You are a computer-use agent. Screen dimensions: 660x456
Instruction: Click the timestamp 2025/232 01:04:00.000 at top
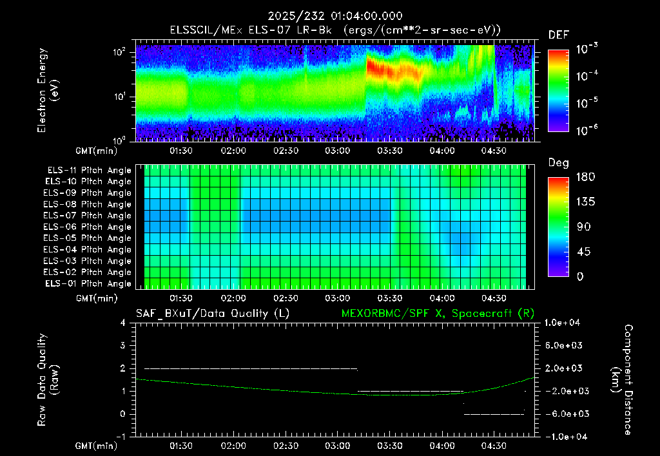tap(335, 16)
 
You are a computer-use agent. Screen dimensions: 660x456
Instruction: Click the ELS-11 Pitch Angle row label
tap(89, 171)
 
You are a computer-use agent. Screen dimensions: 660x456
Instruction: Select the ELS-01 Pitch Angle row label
tap(88, 283)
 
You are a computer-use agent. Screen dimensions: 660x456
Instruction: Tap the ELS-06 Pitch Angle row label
tap(87, 227)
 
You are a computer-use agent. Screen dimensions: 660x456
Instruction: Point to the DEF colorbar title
tap(559, 35)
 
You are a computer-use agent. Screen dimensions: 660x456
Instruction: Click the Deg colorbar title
tap(558, 163)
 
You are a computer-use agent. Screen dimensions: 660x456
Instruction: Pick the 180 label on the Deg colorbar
tap(585, 176)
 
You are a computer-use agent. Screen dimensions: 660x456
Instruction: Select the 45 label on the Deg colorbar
tap(583, 252)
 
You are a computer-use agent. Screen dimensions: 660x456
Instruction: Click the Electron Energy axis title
tap(48, 90)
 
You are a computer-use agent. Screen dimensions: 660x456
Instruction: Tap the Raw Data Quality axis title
tap(48, 380)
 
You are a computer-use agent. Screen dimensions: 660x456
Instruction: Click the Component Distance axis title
tap(622, 380)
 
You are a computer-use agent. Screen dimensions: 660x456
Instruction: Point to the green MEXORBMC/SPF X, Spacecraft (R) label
tap(438, 314)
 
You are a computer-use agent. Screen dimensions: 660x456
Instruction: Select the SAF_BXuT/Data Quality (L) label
tap(213, 314)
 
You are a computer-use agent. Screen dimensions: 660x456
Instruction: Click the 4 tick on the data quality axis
tap(123, 323)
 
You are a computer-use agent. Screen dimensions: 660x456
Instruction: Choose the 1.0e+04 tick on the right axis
tap(562, 323)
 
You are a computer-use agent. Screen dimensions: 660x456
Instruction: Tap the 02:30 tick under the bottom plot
tap(286, 446)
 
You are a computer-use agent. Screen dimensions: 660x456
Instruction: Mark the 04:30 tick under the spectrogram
tap(493, 151)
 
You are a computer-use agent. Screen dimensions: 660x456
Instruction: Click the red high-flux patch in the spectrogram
tap(394, 70)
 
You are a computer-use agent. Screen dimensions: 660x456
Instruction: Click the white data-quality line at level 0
tap(494, 414)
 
